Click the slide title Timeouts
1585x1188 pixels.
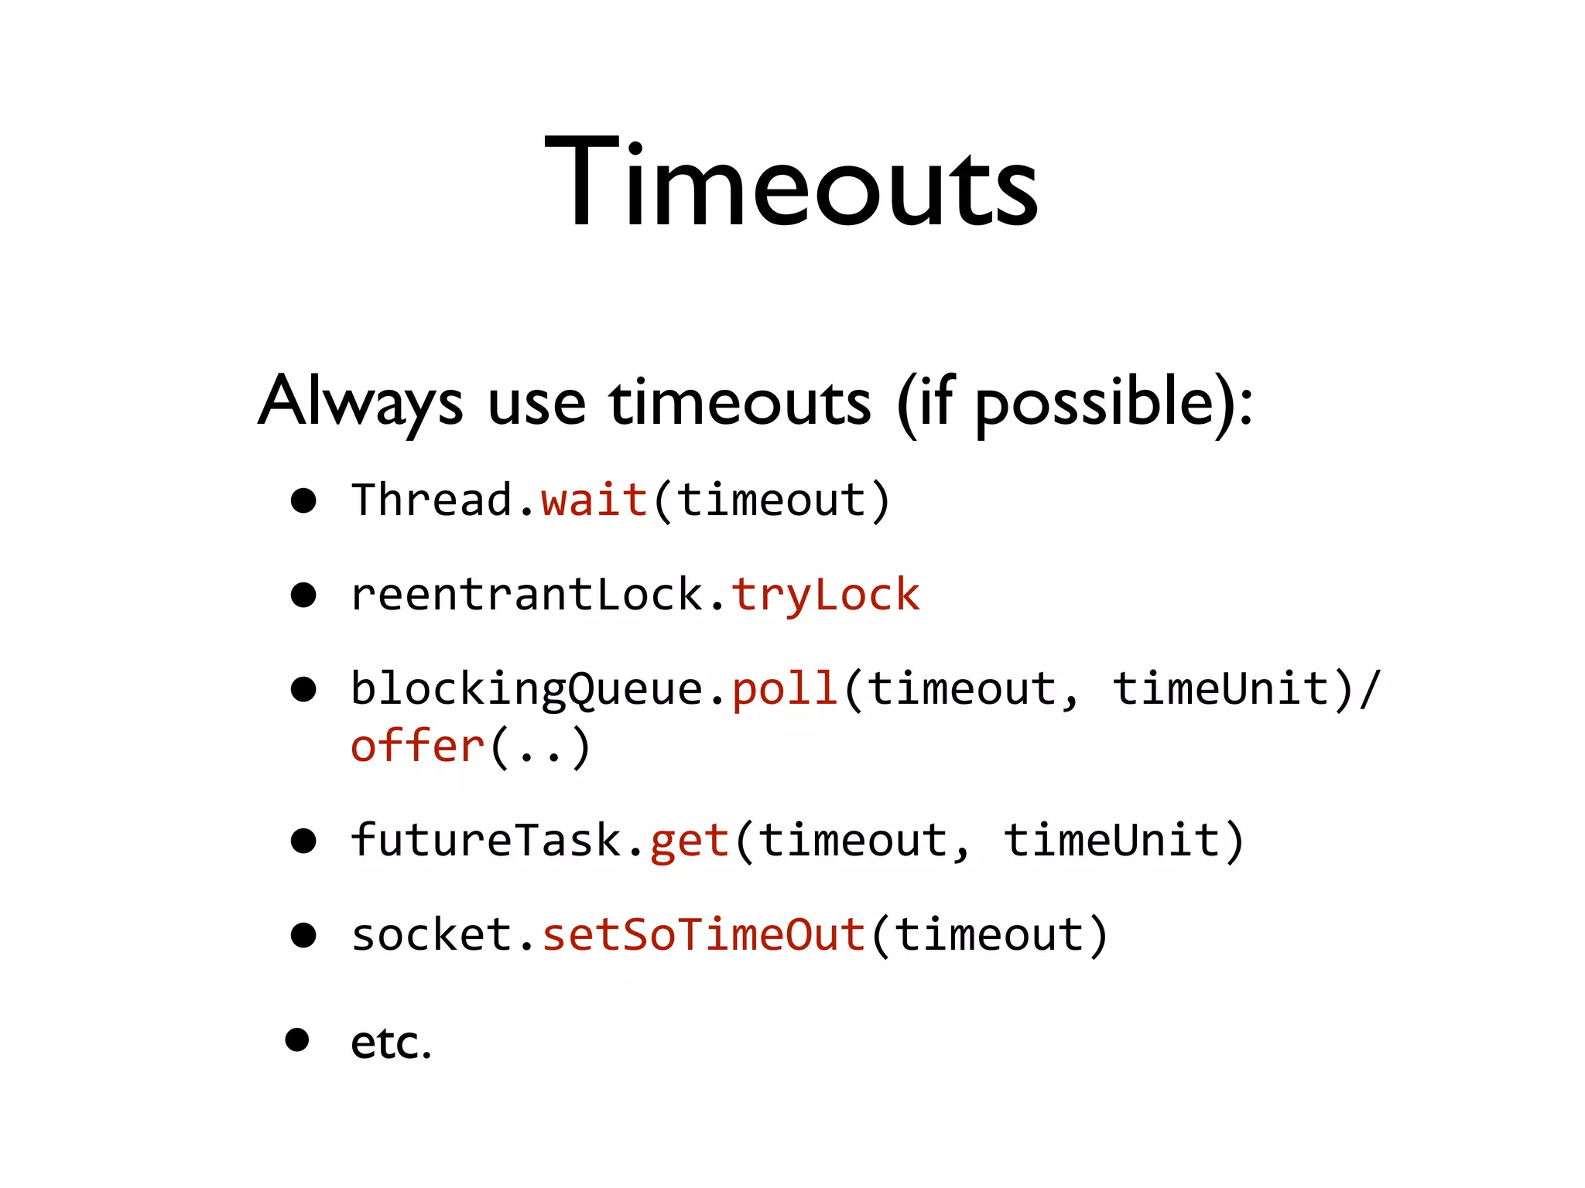click(x=791, y=183)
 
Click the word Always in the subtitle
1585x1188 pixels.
click(x=361, y=402)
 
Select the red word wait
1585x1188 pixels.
click(x=594, y=500)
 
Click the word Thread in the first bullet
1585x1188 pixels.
click(x=432, y=500)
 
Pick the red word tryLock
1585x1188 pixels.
click(x=825, y=596)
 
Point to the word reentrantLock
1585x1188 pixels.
click(x=526, y=594)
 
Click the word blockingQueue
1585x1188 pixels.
click(x=526, y=688)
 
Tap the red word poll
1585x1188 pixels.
click(x=785, y=688)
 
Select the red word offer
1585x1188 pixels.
click(x=418, y=746)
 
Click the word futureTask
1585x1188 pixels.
click(x=486, y=840)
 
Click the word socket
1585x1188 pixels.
click(x=432, y=934)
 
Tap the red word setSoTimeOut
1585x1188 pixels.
click(x=703, y=934)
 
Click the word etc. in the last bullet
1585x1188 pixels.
click(x=390, y=1043)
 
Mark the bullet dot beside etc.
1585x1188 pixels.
click(x=297, y=1039)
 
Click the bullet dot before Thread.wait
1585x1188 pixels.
click(x=303, y=501)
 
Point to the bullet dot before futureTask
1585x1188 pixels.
click(x=303, y=841)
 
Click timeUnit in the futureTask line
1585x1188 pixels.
click(x=1111, y=840)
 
